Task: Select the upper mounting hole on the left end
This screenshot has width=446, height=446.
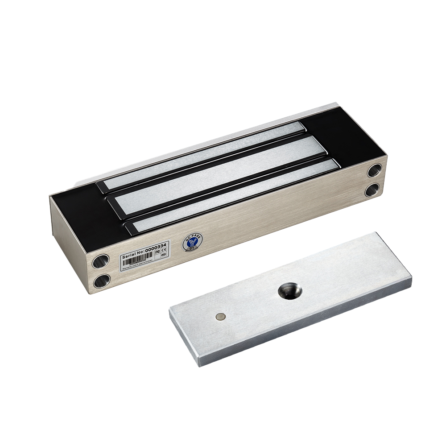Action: (100, 261)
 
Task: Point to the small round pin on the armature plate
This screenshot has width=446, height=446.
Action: (219, 316)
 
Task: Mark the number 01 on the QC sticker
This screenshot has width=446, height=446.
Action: (190, 250)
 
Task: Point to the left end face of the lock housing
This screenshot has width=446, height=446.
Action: (67, 241)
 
